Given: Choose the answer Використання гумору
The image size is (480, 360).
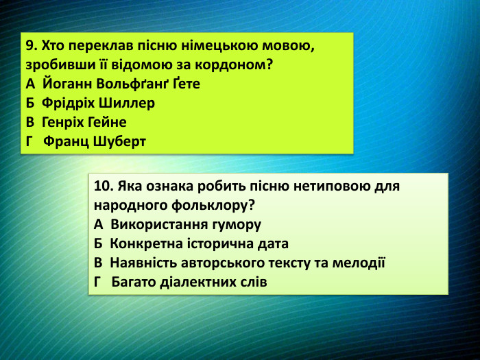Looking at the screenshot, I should pos(186,224).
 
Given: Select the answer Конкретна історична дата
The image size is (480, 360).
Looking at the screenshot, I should pos(199,243).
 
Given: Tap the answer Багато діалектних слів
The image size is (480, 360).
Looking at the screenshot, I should pos(189,282).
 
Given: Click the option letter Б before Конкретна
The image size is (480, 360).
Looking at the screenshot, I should pos(98,243).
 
